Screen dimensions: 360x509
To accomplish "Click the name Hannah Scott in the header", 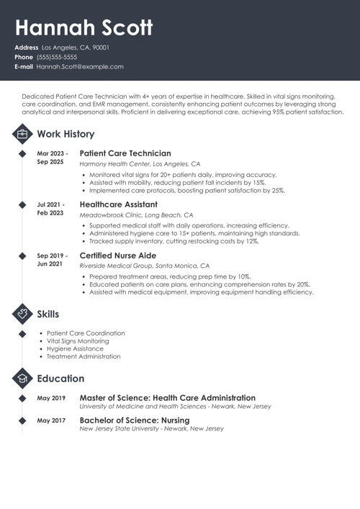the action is click(84, 27).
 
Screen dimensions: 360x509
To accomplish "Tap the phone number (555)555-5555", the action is click(57, 57).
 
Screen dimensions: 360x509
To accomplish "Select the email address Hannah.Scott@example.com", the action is click(80, 66).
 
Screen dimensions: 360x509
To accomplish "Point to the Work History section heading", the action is click(66, 134).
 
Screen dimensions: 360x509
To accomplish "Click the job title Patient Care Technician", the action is click(125, 153).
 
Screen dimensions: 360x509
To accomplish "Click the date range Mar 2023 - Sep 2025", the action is click(52, 158).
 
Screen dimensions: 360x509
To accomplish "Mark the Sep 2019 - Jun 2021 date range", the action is click(52, 260).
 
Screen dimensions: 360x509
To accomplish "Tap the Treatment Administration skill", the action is click(84, 356).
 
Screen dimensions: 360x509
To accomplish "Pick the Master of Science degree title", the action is click(167, 397).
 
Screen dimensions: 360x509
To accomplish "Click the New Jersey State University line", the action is click(151, 428).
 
